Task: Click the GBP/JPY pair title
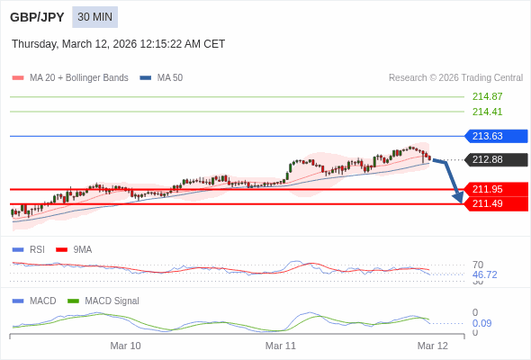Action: tap(37, 17)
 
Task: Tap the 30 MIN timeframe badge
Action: tap(95, 17)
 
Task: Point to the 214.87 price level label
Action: tap(487, 96)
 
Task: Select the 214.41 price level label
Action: tap(487, 112)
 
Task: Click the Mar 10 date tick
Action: tap(125, 346)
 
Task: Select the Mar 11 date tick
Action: tap(281, 346)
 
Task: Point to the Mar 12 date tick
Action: tap(432, 346)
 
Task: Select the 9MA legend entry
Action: tap(82, 249)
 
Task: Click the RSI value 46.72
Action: tap(484, 274)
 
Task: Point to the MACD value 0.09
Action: tap(481, 323)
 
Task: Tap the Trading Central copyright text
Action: tap(455, 77)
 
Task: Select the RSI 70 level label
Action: tap(478, 265)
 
